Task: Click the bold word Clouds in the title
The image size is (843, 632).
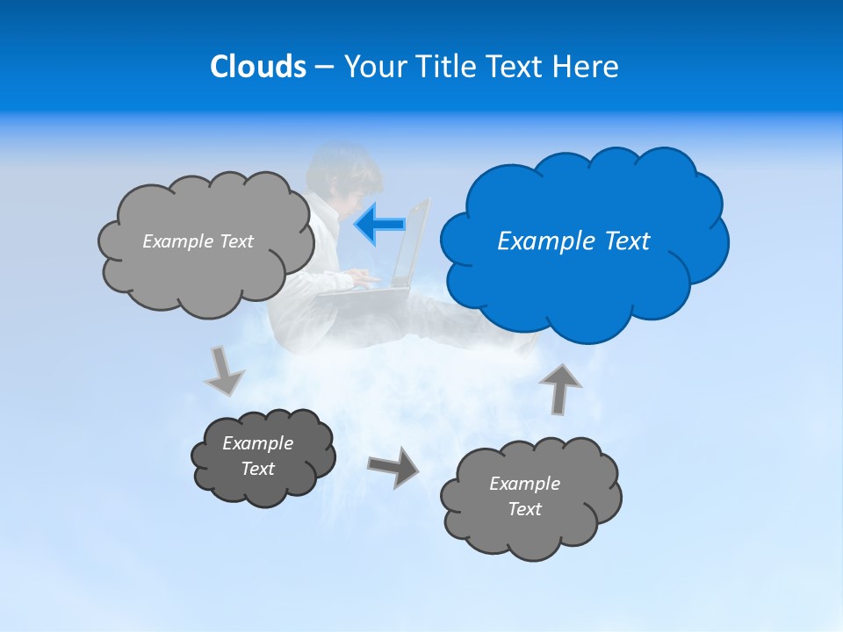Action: click(257, 67)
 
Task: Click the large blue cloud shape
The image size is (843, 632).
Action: click(584, 281)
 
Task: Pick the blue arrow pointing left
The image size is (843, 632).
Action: click(379, 224)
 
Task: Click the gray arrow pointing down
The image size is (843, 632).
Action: click(224, 370)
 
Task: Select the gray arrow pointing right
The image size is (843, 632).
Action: click(393, 467)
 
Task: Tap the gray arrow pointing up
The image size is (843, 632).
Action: click(560, 387)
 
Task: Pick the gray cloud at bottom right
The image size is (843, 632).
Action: click(530, 527)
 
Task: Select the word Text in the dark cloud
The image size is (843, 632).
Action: click(257, 469)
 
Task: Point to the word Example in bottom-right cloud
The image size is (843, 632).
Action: click(524, 484)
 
